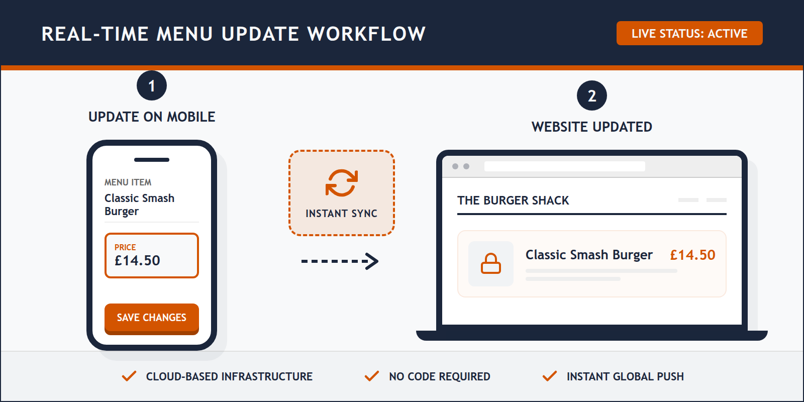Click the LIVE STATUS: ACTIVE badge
689,33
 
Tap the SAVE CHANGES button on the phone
151,318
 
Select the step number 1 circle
151,86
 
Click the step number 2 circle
591,96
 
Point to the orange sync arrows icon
342,183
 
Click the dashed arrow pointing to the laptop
340,261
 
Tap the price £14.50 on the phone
137,260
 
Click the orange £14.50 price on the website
692,255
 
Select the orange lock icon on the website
490,264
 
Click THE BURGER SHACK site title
513,200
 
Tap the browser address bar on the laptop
564,166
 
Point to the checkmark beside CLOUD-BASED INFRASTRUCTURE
129,376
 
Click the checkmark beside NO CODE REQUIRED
372,376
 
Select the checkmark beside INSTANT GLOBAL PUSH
550,376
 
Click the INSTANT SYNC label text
341,214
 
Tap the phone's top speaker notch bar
151,160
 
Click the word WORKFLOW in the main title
366,34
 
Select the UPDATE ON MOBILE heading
152,117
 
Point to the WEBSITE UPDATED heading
591,127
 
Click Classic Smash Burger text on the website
589,255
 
